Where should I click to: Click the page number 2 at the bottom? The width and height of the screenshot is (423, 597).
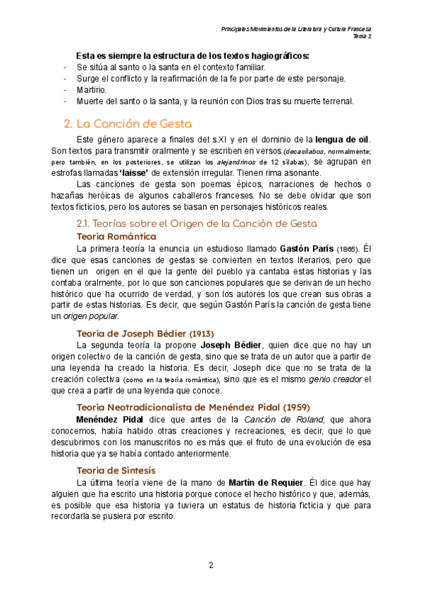[x=210, y=565]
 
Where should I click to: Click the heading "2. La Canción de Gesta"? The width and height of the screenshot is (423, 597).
[x=137, y=124]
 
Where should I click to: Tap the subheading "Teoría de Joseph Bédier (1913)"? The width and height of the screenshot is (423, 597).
[x=145, y=333]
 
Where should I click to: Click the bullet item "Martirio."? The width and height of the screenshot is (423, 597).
[x=92, y=90]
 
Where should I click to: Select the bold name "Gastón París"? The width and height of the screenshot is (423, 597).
[x=306, y=249]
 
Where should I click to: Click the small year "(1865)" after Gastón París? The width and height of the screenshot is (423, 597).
[x=348, y=249]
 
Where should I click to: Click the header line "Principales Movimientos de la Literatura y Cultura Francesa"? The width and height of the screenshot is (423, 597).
[x=296, y=29]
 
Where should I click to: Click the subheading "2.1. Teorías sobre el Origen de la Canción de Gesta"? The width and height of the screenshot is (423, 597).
[x=196, y=223]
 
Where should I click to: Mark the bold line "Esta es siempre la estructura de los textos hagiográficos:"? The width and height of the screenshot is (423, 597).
[x=192, y=56]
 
